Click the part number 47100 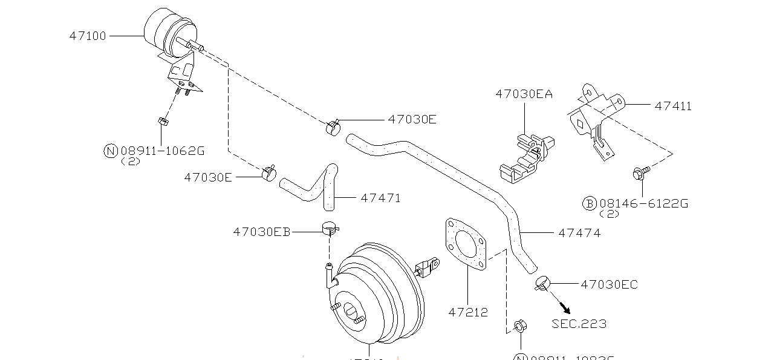coord(88,36)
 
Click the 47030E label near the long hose coord(412,119)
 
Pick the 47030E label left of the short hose coord(208,177)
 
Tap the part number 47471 coord(380,198)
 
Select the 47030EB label coord(262,232)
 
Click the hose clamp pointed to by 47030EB coord(330,229)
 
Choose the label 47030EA coord(524,94)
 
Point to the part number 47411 coord(673,106)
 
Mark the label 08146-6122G coord(643,203)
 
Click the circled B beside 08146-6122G coord(590,203)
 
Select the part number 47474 coord(579,232)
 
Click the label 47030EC coord(609,284)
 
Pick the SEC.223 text coord(579,324)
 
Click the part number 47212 coord(468,313)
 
